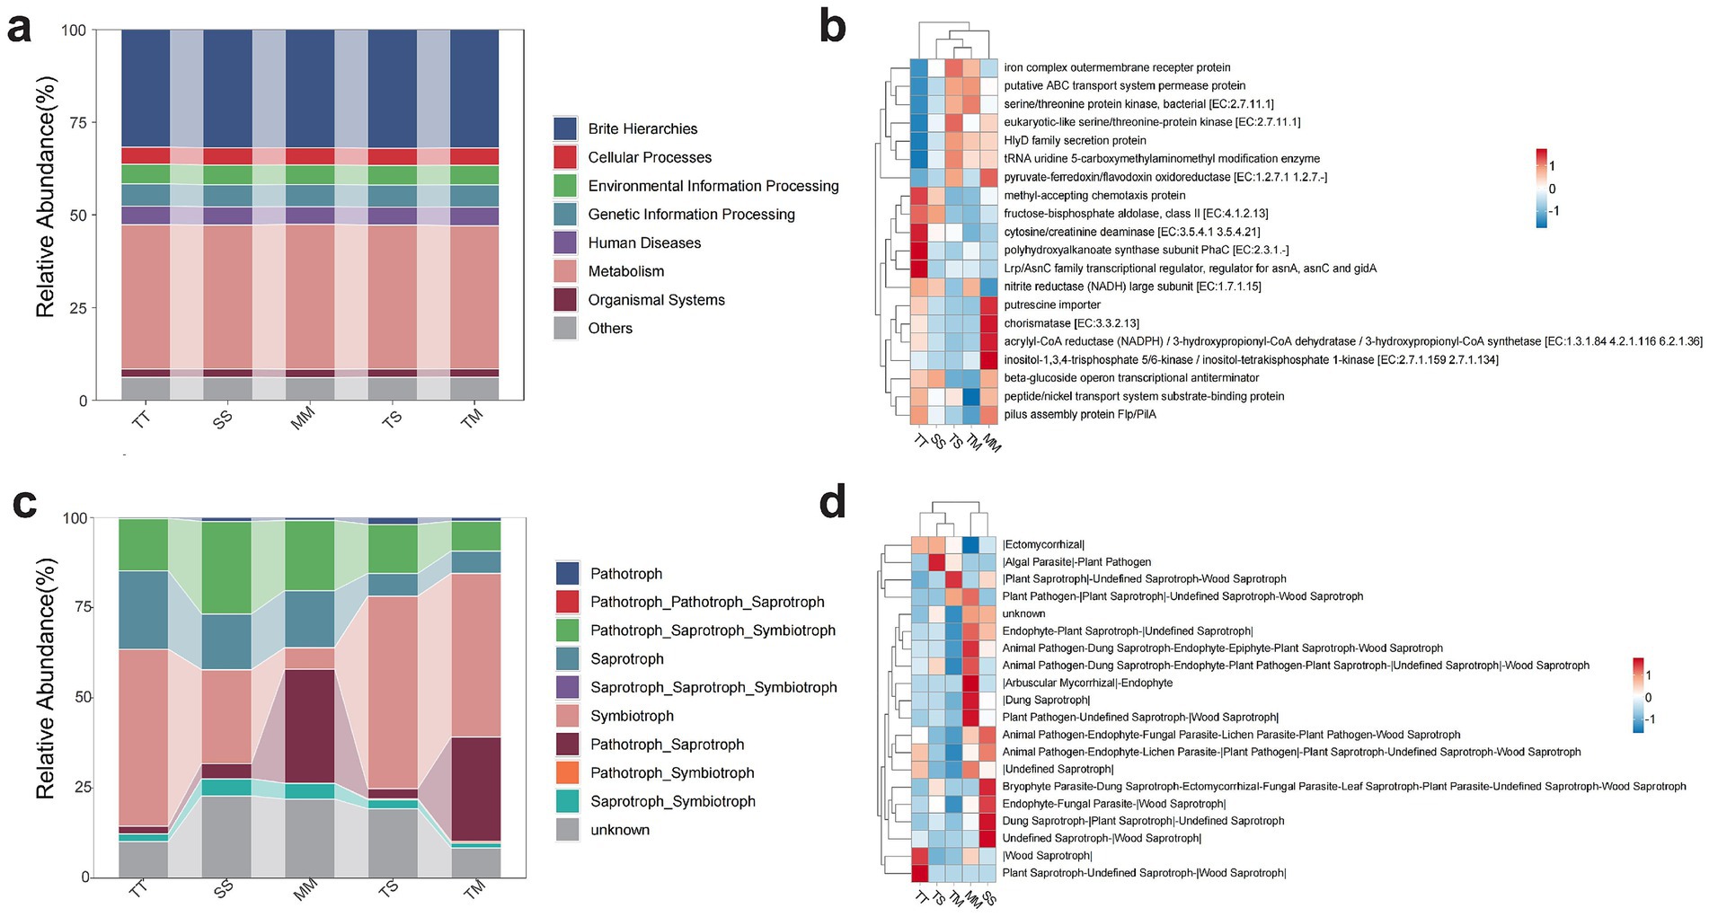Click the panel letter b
click(832, 27)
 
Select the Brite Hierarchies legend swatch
click(565, 128)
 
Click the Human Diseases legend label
click(644, 242)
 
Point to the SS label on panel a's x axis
click(222, 419)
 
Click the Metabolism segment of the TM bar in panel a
click(474, 296)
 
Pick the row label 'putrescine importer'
click(1051, 304)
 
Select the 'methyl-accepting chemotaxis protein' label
click(1094, 195)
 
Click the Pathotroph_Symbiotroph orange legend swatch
click(567, 772)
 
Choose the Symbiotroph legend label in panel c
click(632, 716)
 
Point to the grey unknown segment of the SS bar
click(226, 836)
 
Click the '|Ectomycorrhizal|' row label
click(1043, 544)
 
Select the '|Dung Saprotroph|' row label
click(1046, 700)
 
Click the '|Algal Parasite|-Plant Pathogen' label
click(1076, 562)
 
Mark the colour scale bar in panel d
click(1640, 697)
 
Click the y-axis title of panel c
click(46, 678)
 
